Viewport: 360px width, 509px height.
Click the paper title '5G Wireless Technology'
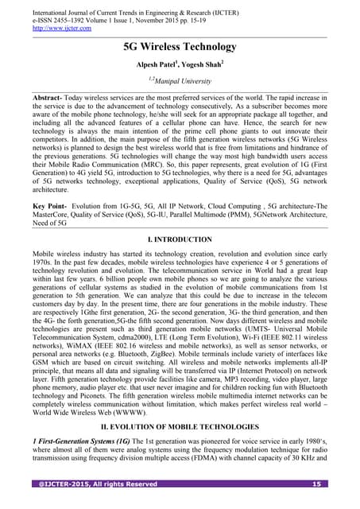click(x=180, y=48)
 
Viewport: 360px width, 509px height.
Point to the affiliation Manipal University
click(x=181, y=80)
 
